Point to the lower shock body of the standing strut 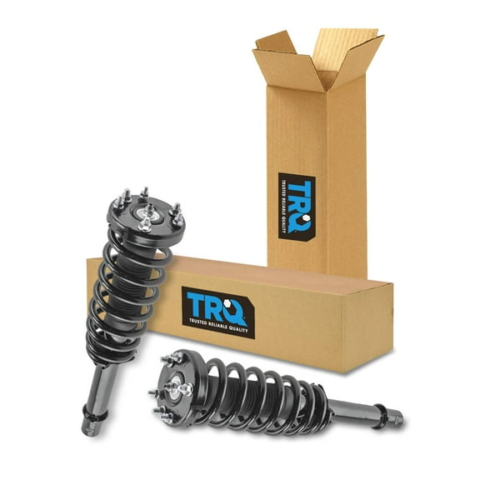[x=97, y=392]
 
